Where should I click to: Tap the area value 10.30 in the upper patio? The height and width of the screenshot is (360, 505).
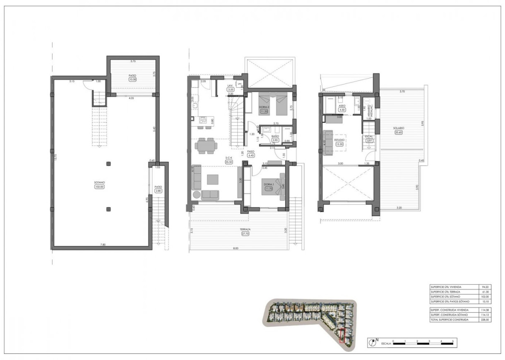pos(132,79)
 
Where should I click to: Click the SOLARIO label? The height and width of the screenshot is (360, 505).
pos(399,128)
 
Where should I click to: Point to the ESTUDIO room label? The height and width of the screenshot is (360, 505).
pos(339,140)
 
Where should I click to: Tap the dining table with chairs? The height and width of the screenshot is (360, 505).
pos(205,146)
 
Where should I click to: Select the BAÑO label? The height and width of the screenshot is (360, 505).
pos(275,136)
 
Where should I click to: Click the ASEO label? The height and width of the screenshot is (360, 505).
pos(342,106)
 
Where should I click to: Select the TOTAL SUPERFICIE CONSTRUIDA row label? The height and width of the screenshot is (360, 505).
pos(450,320)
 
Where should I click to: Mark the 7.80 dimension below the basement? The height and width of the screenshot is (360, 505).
pos(103,245)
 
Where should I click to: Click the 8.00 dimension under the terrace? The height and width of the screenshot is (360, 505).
pos(235,248)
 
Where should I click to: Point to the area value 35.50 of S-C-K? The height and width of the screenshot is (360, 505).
pos(228,162)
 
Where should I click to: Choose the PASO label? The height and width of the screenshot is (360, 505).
pos(250,152)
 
